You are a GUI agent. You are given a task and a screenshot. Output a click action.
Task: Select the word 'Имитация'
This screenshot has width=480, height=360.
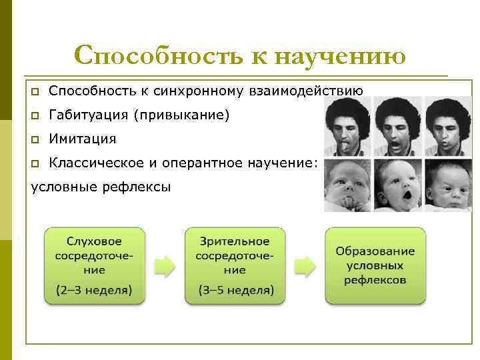point(83,139)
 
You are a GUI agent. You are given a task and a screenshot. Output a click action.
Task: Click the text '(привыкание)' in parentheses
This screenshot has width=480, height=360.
point(181,115)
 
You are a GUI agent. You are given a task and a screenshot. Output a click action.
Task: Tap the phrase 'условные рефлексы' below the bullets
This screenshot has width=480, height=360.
point(101,187)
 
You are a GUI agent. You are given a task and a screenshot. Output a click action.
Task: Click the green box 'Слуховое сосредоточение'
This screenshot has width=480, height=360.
point(94,265)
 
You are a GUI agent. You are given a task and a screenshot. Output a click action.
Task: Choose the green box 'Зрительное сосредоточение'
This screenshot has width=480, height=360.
point(235,265)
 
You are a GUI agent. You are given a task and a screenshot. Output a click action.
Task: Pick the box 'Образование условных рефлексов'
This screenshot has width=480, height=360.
point(375,265)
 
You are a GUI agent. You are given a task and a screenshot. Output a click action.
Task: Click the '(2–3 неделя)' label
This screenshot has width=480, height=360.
point(94,290)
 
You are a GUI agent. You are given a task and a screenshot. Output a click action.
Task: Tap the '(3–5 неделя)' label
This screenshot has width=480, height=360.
point(235,290)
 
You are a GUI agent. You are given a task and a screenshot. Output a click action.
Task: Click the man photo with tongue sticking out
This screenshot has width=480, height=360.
point(347,127)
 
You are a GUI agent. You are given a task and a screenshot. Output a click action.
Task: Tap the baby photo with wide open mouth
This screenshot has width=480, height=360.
point(397,185)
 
